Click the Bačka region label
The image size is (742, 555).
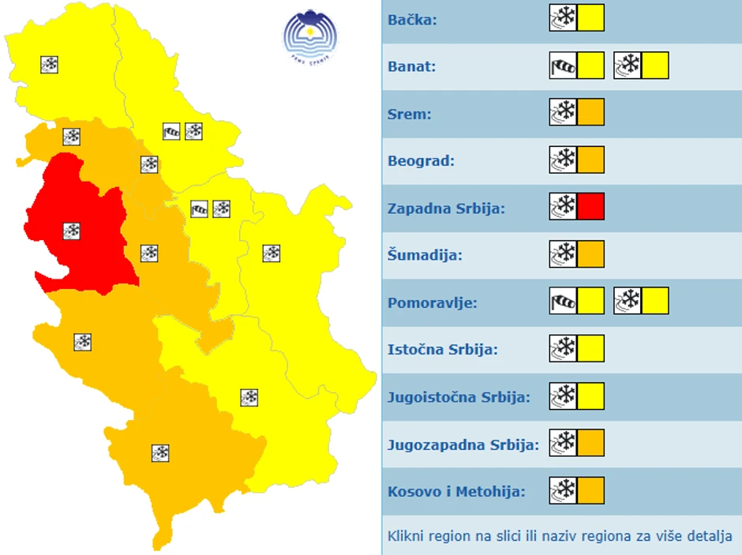tap(412, 18)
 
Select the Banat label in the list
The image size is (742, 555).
tap(411, 66)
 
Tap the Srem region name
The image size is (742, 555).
tap(410, 114)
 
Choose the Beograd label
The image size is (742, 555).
tap(421, 161)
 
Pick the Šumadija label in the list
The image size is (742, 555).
tap(425, 256)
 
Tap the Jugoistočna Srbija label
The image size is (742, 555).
tap(459, 397)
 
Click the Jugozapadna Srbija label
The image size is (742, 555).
tap(463, 444)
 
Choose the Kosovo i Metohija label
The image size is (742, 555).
tap(456, 492)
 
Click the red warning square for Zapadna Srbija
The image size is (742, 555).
tap(590, 207)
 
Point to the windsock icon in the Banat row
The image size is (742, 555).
tap(563, 66)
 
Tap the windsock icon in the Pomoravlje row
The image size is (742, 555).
tap(563, 301)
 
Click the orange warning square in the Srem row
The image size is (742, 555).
tap(590, 112)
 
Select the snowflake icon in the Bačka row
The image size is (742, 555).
tap(563, 17)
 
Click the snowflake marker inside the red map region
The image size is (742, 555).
tap(71, 231)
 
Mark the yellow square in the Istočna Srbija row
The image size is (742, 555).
tap(590, 348)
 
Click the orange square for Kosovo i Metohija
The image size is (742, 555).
tap(590, 490)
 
